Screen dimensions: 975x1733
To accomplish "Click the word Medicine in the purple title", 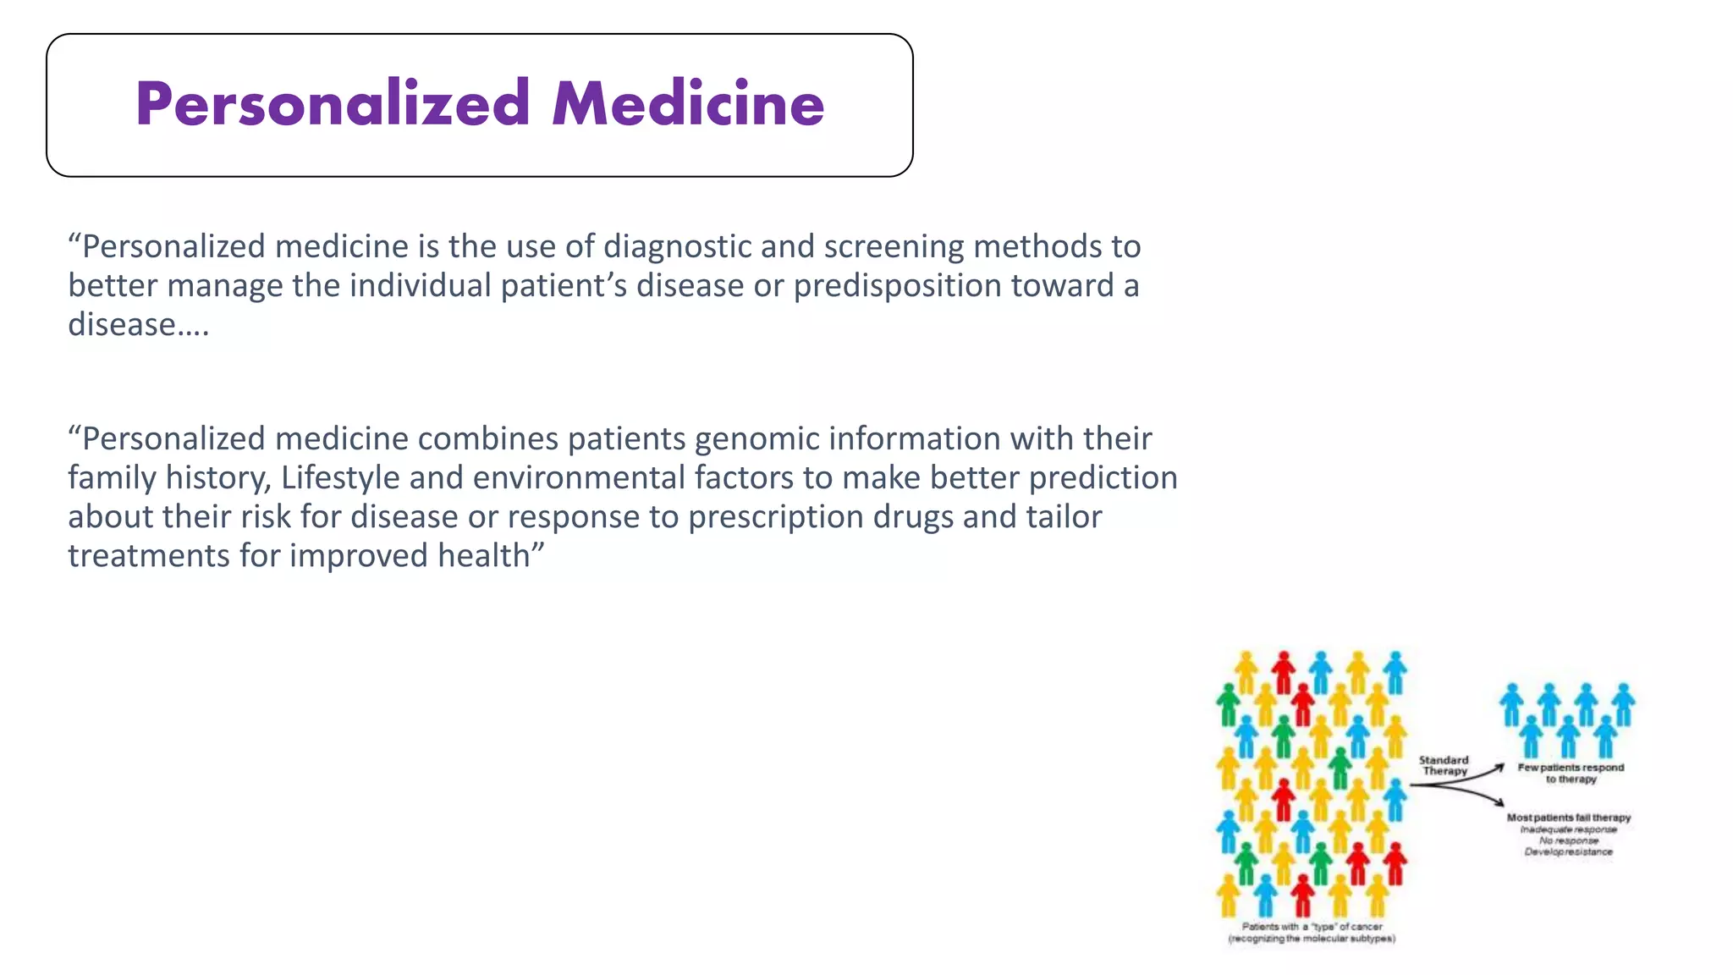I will [688, 104].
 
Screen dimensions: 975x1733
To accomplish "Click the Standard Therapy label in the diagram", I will [1444, 765].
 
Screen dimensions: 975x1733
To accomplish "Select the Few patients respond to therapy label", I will [1571, 773].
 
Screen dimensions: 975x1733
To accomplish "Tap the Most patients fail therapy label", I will [1568, 818].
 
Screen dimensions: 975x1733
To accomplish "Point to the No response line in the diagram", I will [1569, 840].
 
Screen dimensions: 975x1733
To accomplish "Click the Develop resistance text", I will [1568, 851].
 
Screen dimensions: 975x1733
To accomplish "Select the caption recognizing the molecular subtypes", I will [1312, 938].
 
